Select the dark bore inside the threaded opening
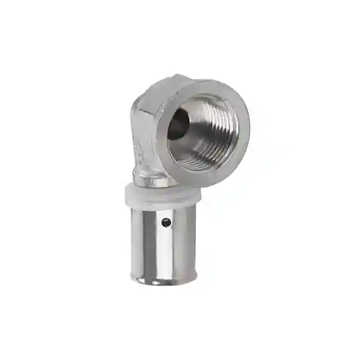pos(178,125)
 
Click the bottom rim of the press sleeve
pos(163,278)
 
